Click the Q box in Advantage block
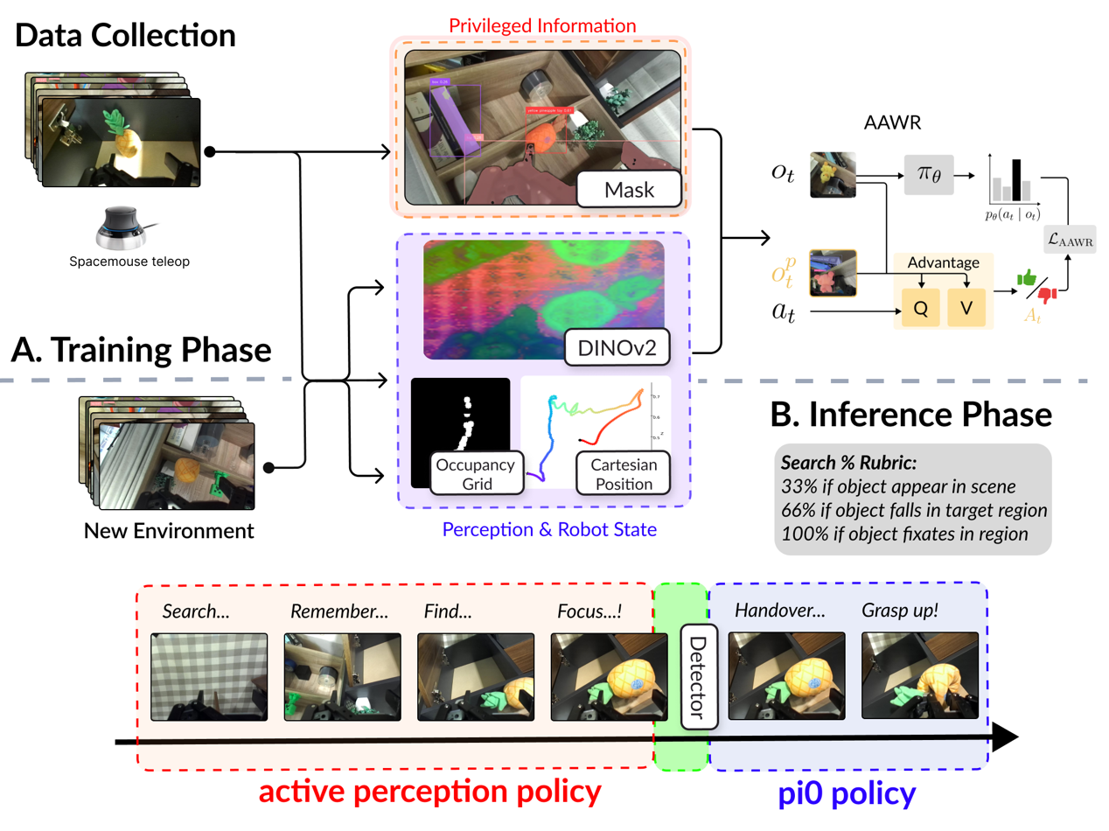tap(919, 310)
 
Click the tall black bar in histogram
tap(1016, 178)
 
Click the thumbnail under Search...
tap(209, 677)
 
